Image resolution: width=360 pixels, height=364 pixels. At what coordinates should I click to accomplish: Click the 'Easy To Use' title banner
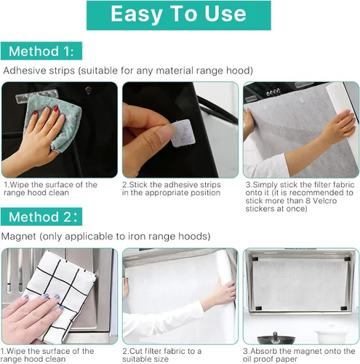[179, 15]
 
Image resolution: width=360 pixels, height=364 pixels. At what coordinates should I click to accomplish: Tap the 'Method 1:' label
[41, 51]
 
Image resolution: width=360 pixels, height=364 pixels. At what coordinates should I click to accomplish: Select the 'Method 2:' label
[41, 216]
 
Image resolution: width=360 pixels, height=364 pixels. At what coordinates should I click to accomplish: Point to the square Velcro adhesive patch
[183, 133]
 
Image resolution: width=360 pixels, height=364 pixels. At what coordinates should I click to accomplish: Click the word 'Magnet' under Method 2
[19, 237]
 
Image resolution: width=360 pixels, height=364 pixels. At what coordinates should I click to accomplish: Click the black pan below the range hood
[276, 339]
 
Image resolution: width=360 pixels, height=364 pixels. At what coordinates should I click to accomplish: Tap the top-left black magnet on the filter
[255, 258]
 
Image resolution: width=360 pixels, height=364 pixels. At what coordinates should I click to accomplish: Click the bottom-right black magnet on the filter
[343, 309]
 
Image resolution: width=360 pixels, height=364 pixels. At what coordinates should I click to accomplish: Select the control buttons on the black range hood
[273, 92]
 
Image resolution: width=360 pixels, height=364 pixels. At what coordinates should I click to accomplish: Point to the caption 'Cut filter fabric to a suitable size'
[161, 355]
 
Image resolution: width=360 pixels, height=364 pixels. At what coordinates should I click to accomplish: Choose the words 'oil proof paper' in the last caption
[270, 359]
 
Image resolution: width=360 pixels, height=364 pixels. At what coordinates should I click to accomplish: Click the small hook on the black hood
[88, 90]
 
